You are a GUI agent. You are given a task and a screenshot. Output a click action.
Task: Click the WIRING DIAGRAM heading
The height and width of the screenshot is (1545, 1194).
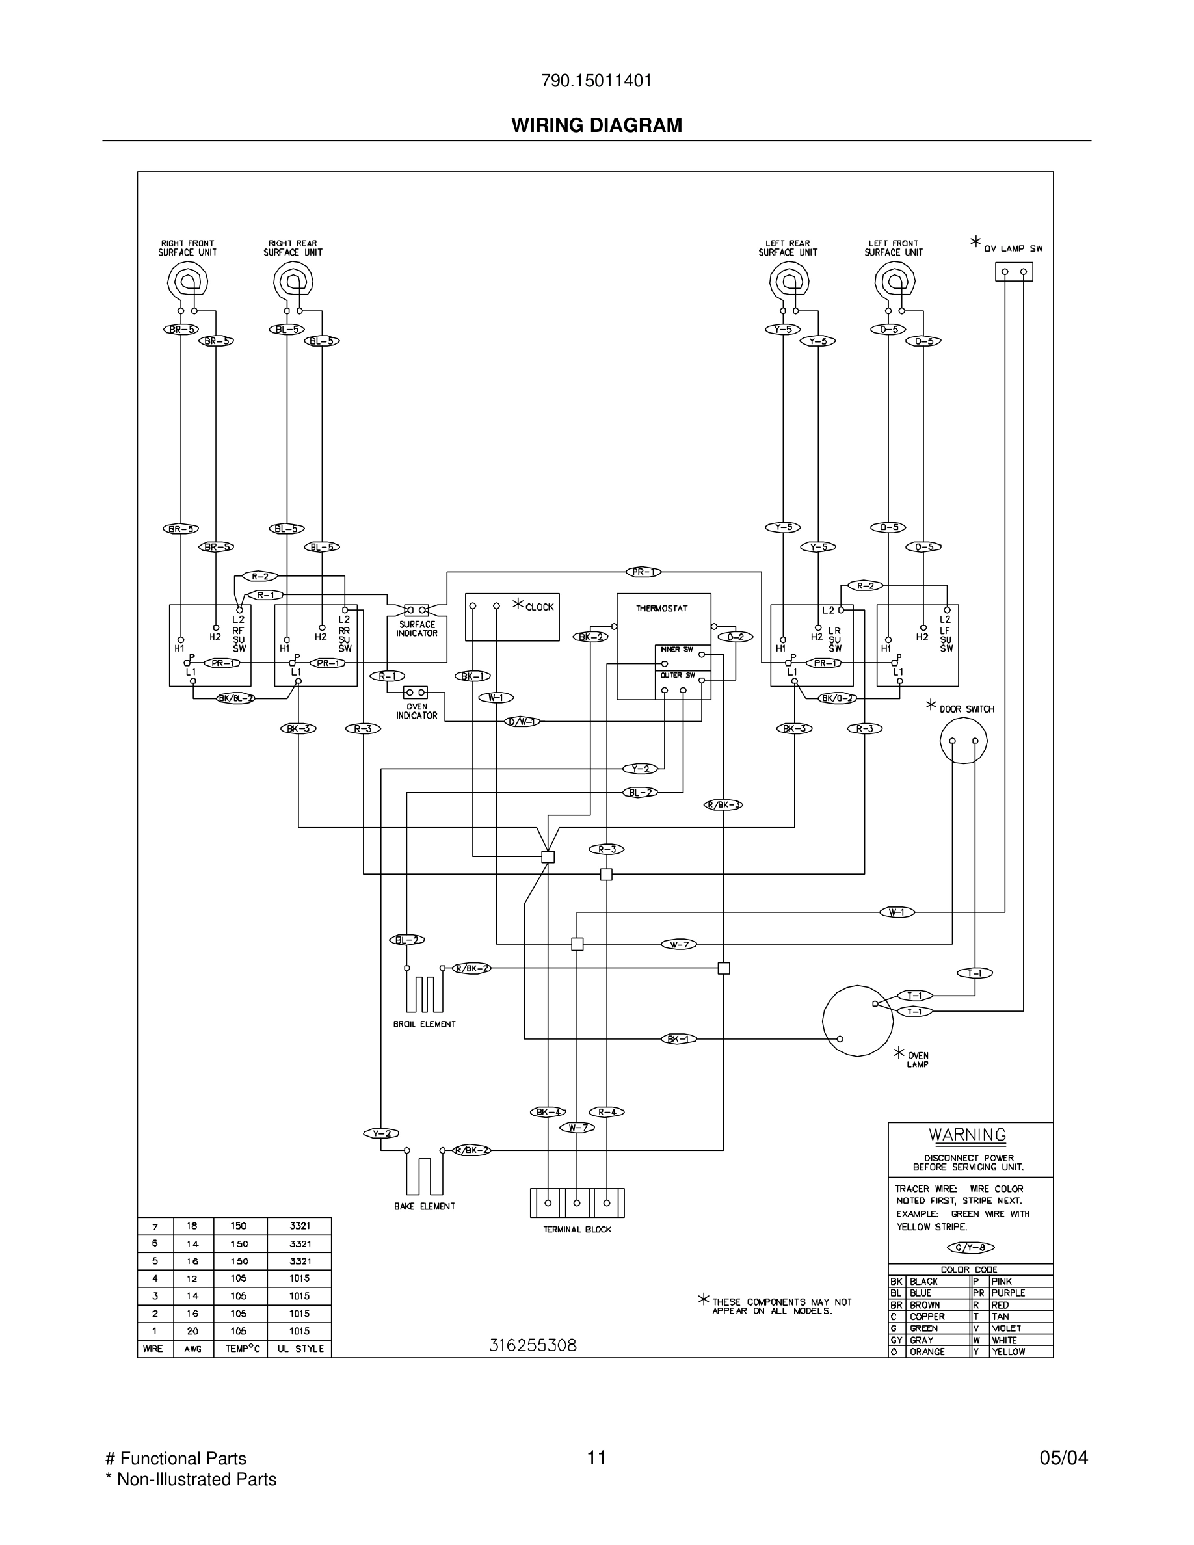[596, 125]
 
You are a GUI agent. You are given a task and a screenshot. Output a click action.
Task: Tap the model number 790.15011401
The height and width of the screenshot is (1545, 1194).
[596, 81]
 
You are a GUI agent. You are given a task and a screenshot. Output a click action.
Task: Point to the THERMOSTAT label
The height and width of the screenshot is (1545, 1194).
[661, 609]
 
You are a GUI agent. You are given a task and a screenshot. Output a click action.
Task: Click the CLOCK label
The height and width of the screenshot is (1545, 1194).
[539, 607]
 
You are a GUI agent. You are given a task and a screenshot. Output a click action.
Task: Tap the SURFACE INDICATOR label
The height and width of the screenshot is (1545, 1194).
[417, 629]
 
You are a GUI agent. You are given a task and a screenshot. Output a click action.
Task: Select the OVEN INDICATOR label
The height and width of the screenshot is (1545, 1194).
[417, 711]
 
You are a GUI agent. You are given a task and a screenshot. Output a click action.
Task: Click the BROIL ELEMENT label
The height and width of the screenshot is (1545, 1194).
[425, 1023]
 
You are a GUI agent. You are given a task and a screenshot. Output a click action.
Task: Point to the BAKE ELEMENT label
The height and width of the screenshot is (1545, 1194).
[425, 1206]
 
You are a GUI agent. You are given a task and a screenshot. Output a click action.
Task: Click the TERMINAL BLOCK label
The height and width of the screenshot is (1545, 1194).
[577, 1230]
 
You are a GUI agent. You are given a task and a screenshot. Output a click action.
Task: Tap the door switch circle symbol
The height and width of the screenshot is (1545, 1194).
[963, 740]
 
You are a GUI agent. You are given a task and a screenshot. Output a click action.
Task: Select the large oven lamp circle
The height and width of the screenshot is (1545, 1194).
[857, 1021]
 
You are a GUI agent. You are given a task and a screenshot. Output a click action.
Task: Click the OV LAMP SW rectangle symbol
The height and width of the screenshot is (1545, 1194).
[1014, 272]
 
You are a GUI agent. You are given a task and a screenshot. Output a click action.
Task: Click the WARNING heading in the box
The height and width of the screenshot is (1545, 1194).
[967, 1135]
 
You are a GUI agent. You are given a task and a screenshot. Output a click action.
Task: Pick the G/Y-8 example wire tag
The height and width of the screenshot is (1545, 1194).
[970, 1247]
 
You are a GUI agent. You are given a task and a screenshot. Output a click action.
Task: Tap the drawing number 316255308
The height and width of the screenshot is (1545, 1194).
[533, 1345]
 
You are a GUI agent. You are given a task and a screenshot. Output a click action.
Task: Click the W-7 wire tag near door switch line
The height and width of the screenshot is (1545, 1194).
[679, 944]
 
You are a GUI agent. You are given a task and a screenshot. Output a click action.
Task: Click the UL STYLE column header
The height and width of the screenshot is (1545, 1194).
[300, 1349]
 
